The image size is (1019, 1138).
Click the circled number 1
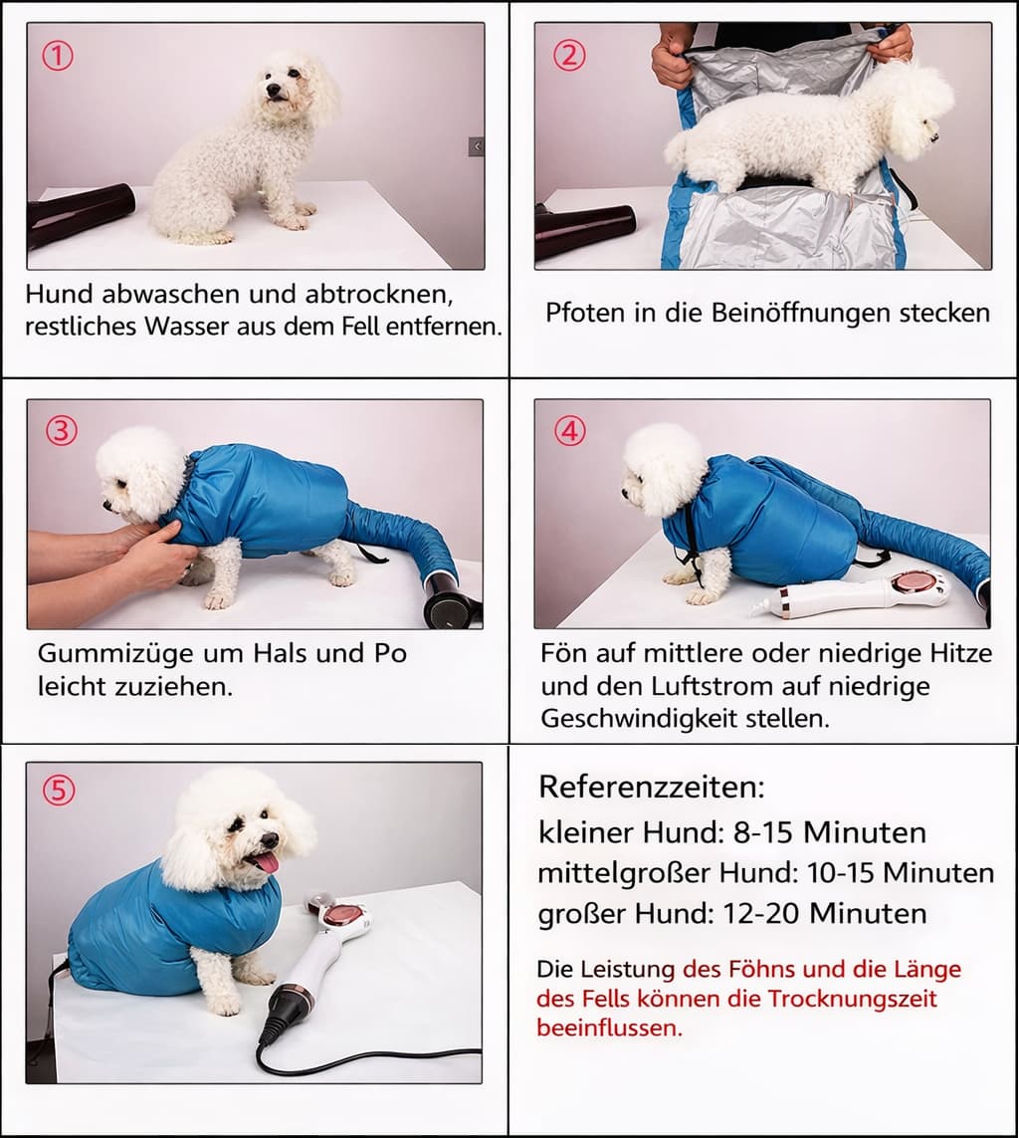click(x=58, y=57)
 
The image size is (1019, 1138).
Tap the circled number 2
click(x=568, y=56)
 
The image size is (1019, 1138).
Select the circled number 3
click(x=62, y=431)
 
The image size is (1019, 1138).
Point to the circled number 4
click(x=569, y=431)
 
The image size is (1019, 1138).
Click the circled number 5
click(x=58, y=791)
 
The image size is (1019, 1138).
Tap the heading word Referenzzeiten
click(x=651, y=787)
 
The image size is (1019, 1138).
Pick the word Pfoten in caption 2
click(x=576, y=313)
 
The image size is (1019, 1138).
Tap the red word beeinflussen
click(x=609, y=1027)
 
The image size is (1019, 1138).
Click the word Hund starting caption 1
click(x=59, y=294)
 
